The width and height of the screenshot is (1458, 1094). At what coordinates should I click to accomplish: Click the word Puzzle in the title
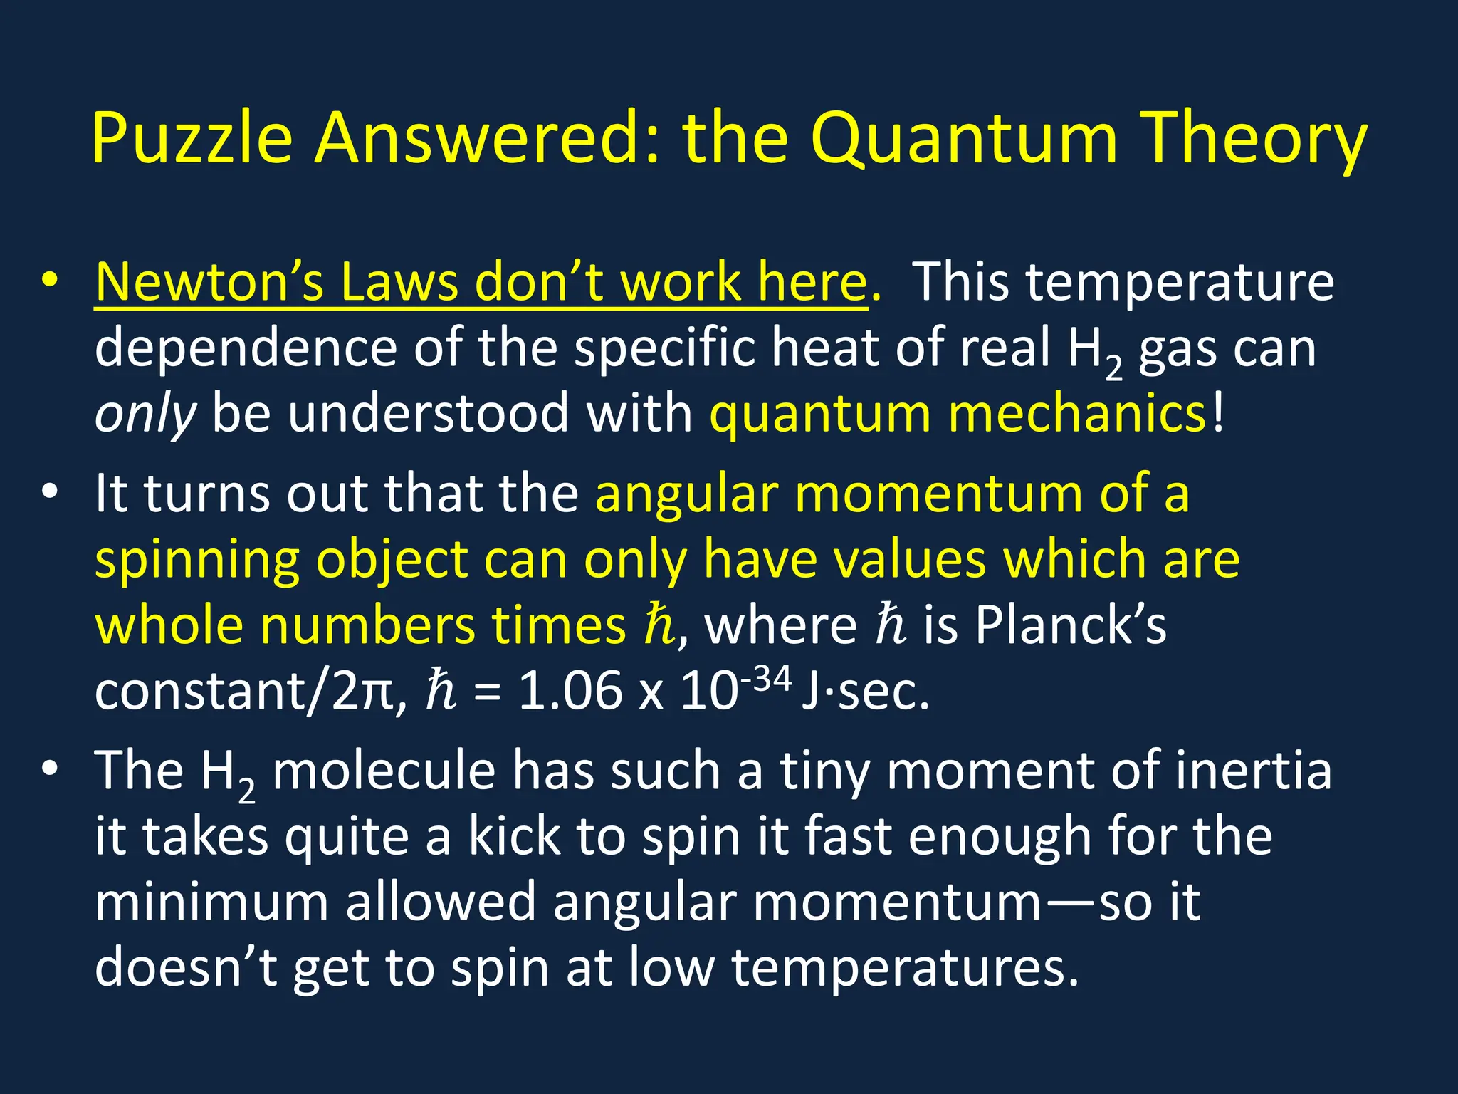coord(192,138)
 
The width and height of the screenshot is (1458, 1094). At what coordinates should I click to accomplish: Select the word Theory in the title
coord(1253,138)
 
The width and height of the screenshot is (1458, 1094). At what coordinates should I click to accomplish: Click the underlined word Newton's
coord(209,282)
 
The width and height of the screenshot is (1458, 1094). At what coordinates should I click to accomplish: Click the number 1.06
coord(570,691)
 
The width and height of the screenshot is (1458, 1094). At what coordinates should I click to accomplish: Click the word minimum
coord(211,902)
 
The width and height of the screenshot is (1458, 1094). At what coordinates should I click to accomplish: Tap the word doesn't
coord(186,968)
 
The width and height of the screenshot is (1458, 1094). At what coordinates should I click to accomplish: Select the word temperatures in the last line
coord(905,968)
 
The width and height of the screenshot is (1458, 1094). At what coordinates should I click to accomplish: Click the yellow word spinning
coord(196,560)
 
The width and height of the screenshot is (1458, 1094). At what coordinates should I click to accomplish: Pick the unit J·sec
coord(865,691)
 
